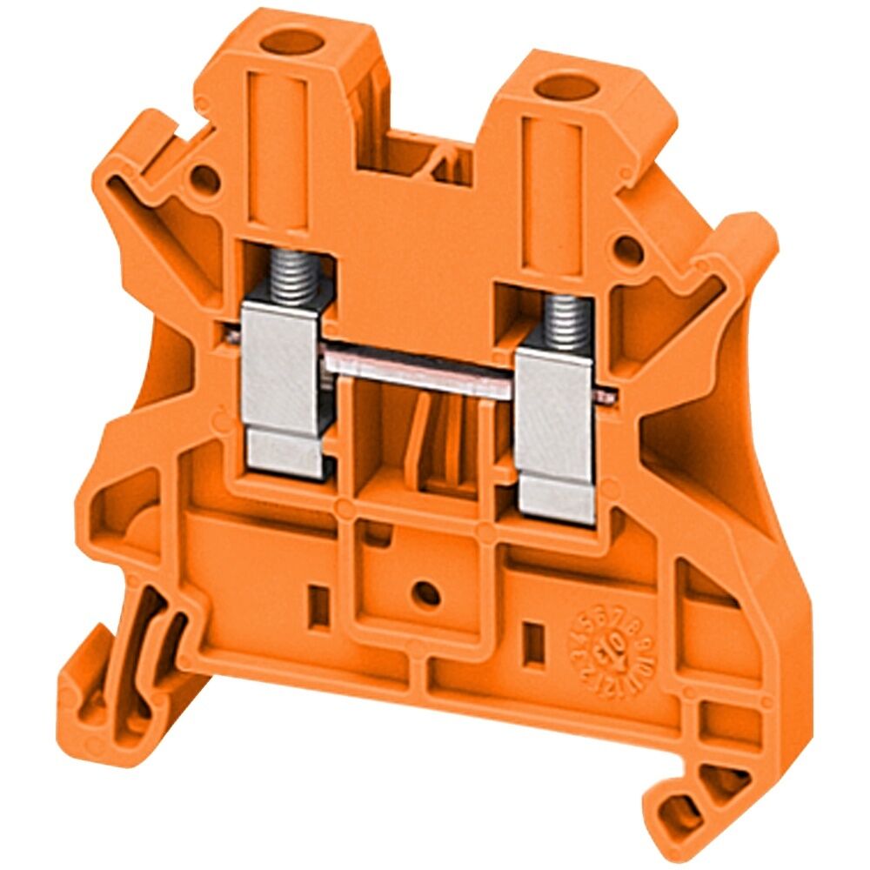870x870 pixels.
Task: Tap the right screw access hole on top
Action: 565,87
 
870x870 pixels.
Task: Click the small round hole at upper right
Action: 628,251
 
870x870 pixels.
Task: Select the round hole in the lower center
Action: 425,594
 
